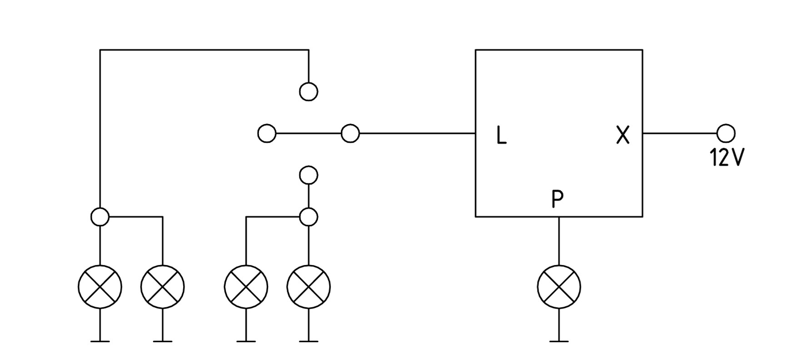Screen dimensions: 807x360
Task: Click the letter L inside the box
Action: [501, 135]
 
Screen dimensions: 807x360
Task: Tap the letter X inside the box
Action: [623, 135]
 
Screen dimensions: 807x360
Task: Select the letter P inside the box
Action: [558, 199]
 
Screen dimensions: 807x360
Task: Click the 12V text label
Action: [727, 158]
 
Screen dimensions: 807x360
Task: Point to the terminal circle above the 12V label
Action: [726, 134]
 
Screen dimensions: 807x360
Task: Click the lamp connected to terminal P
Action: [559, 287]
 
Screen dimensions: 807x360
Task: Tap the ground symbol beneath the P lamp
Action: [559, 341]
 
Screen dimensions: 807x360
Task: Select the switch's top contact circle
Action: [309, 92]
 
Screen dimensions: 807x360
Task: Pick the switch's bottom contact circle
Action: [309, 175]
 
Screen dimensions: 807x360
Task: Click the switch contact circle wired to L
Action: [350, 134]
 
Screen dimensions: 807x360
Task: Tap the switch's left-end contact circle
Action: [267, 134]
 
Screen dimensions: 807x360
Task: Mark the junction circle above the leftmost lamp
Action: [100, 217]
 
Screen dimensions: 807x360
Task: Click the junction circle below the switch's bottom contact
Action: [309, 217]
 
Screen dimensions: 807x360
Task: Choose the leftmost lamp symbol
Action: [100, 287]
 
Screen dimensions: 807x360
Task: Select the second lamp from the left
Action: [163, 287]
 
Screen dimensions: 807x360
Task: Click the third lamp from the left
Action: [246, 287]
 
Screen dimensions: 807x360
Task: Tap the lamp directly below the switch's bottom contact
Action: [309, 287]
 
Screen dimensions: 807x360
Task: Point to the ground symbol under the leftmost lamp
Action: [100, 341]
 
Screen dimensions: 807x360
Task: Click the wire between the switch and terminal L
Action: [417, 134]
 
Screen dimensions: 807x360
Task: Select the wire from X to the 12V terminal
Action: [679, 134]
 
